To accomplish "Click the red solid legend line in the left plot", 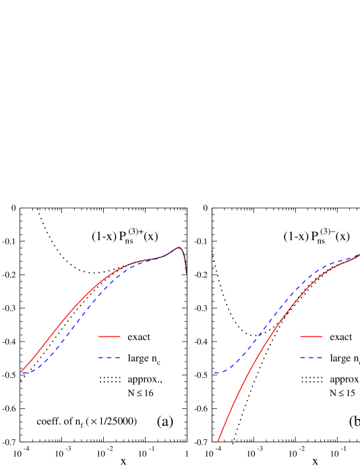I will (109, 336).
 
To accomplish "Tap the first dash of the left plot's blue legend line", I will (101, 358).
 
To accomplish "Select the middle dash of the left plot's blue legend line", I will (109, 358).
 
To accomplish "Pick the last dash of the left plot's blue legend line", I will (117, 358).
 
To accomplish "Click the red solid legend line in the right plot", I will (311, 336).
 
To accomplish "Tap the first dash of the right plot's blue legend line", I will (303, 358).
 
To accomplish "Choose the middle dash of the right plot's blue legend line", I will (311, 358).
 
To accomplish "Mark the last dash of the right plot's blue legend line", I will (319, 358).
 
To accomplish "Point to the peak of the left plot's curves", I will (179, 248).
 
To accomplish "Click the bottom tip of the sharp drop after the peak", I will (186, 273).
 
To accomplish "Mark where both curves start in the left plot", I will (21, 373).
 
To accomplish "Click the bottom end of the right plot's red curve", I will (218, 441).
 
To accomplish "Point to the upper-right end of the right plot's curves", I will (358, 255).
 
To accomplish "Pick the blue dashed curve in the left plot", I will (67, 333).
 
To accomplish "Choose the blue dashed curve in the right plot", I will (270, 318).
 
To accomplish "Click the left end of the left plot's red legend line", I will (99, 336).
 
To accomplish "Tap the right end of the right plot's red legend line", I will (322, 336).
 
